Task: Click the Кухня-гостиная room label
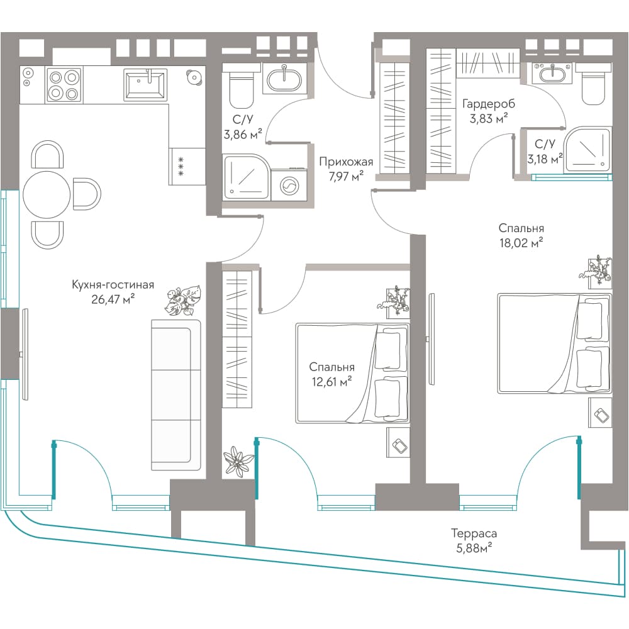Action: click(x=113, y=285)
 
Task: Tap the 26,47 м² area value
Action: click(x=113, y=299)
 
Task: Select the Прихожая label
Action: click(x=346, y=162)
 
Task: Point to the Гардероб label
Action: click(x=489, y=104)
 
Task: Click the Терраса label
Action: click(x=474, y=533)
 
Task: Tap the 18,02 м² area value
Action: click(x=521, y=243)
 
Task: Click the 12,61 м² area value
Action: click(x=331, y=381)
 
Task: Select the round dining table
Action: click(x=47, y=194)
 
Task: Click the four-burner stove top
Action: click(x=64, y=84)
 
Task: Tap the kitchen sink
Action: click(x=145, y=84)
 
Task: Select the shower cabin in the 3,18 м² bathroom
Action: click(x=587, y=150)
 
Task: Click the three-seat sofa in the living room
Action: click(x=175, y=395)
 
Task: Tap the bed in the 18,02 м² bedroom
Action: click(x=554, y=343)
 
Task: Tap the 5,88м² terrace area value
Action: click(x=474, y=548)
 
